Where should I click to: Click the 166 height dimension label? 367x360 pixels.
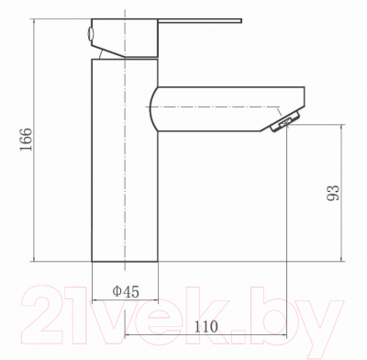(x=26, y=140)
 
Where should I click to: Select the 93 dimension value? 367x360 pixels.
(x=333, y=193)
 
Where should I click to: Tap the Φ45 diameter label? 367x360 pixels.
(x=126, y=291)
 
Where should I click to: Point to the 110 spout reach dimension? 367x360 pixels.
(x=206, y=327)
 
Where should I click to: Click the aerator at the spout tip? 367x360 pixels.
(x=285, y=122)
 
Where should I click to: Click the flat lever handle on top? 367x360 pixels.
(x=200, y=21)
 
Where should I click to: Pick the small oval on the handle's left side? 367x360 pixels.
(x=90, y=33)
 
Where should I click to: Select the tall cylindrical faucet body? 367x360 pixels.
(x=125, y=161)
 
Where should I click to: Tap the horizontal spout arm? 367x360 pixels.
(x=228, y=109)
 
